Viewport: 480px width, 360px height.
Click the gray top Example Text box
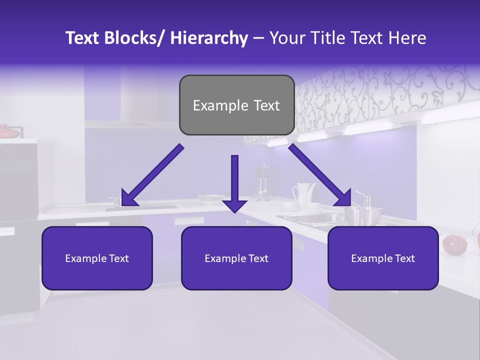236,105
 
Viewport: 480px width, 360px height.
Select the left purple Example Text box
97,258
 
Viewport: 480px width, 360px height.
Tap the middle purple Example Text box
236,258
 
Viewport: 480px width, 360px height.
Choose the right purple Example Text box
383,258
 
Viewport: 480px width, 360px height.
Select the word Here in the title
408,38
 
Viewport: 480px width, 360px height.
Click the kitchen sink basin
310,218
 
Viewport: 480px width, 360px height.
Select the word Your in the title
287,38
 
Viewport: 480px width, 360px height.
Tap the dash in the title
258,39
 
